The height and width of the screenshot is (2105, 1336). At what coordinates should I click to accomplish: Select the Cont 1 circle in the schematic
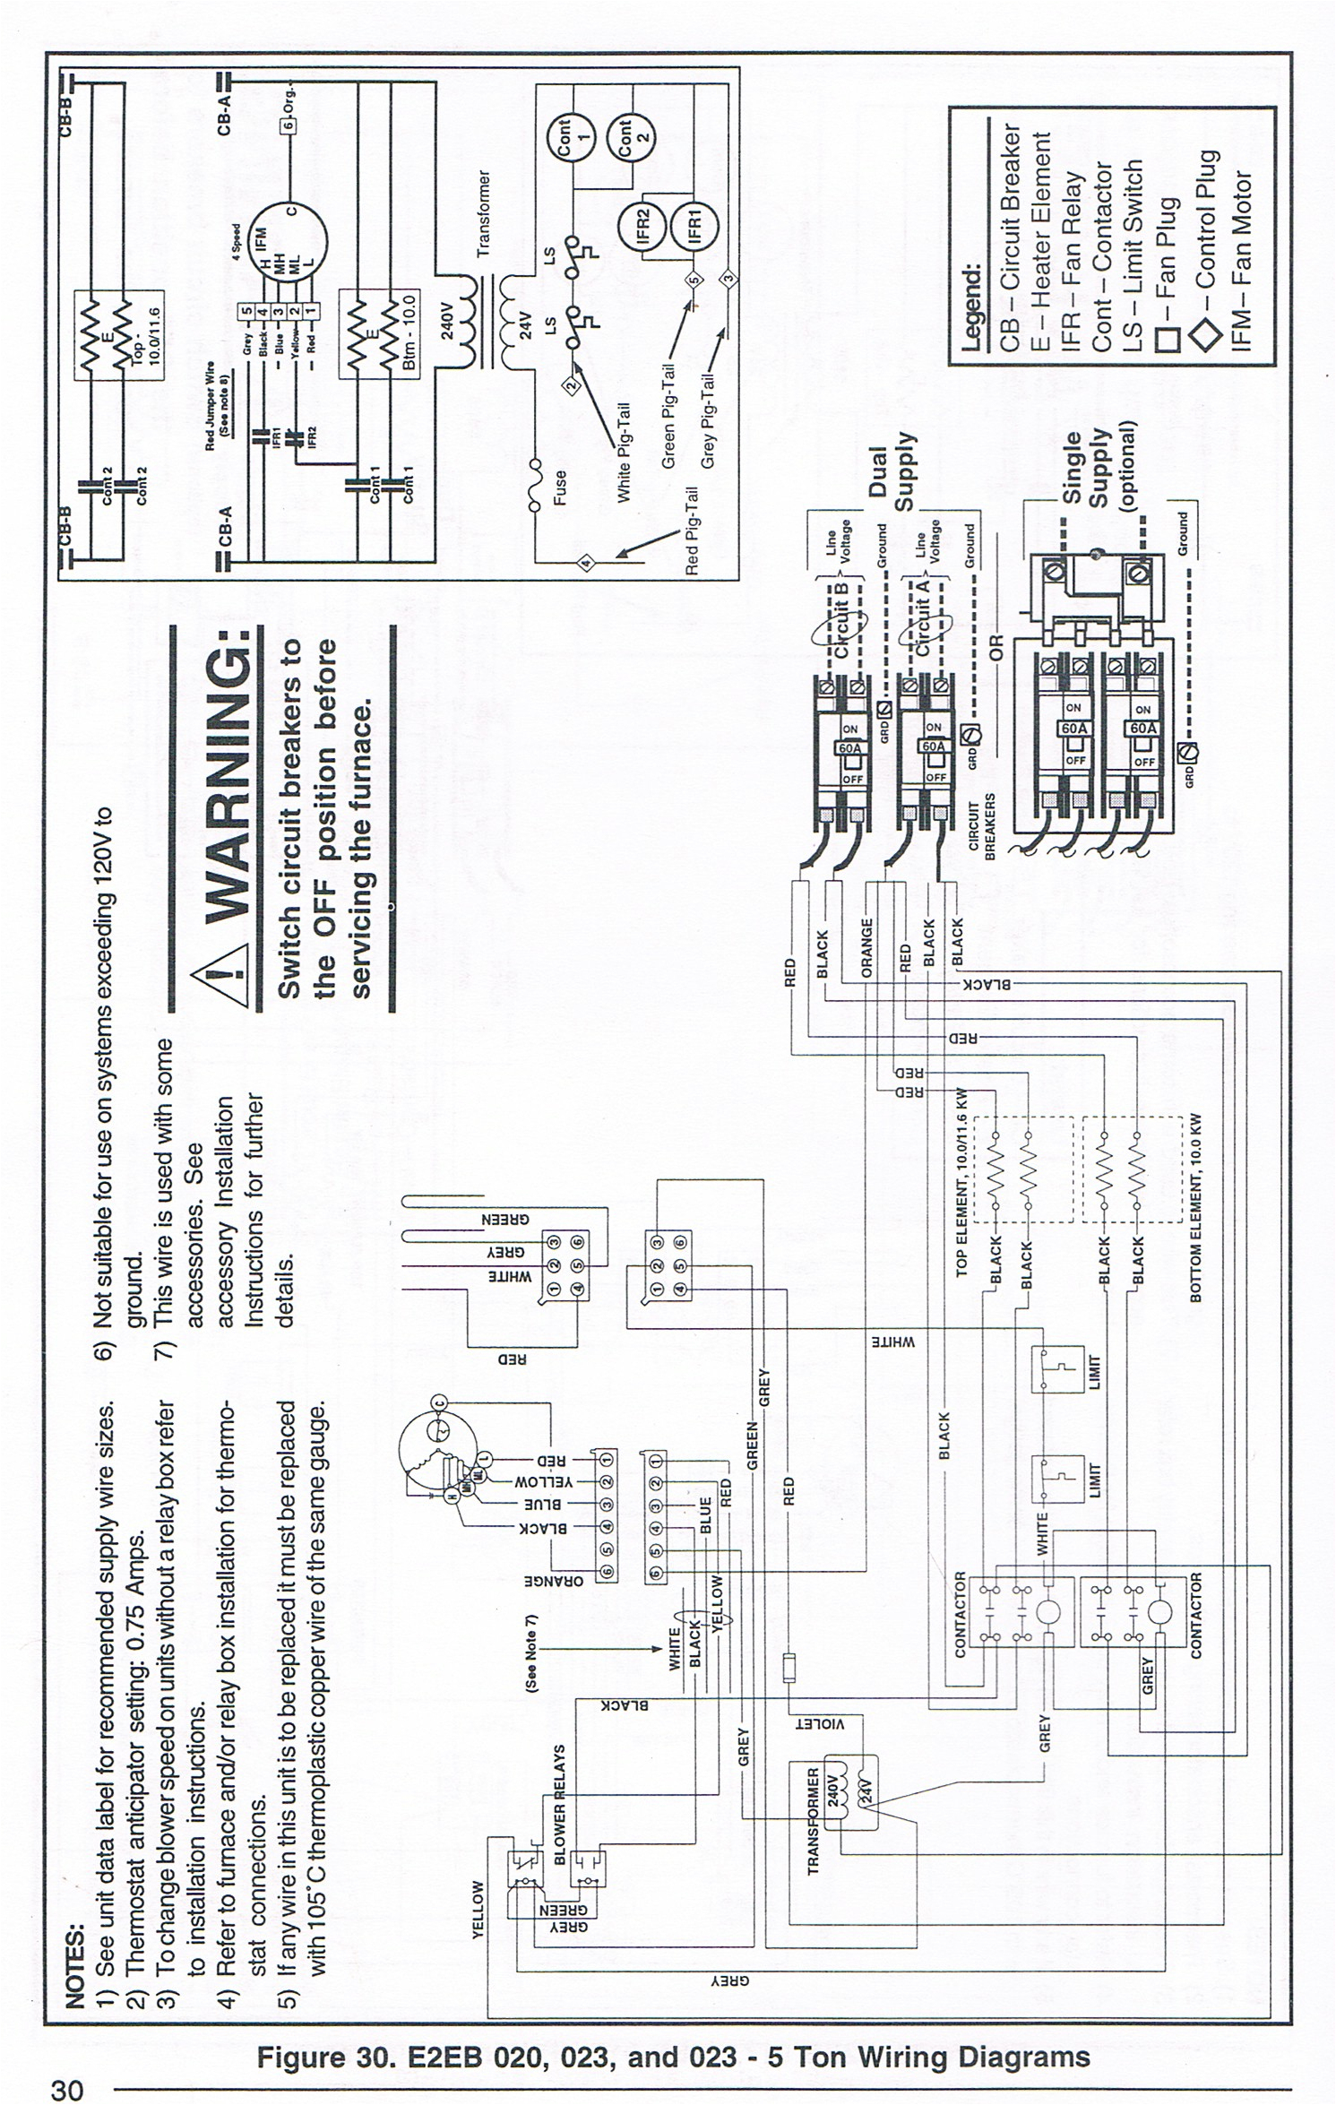pyautogui.click(x=570, y=139)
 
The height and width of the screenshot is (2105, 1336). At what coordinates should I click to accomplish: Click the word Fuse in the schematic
pyautogui.click(x=560, y=488)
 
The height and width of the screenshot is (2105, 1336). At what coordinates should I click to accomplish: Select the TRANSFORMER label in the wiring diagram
pyautogui.click(x=813, y=1820)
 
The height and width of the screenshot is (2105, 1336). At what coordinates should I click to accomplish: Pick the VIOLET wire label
pyautogui.click(x=818, y=1723)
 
